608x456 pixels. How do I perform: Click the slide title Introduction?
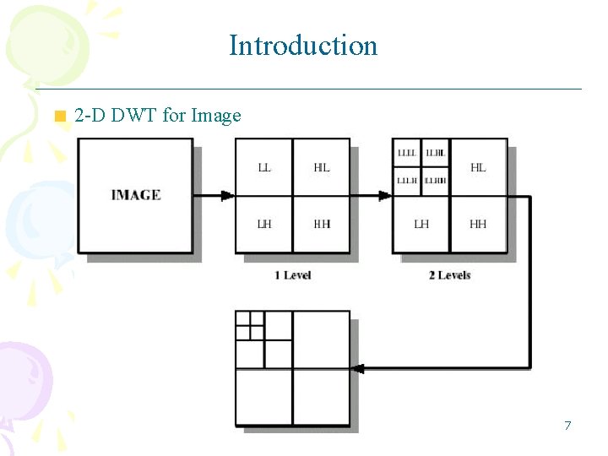coord(303,45)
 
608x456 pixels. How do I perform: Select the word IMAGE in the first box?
coord(135,195)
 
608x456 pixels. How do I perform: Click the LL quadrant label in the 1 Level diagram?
coord(264,168)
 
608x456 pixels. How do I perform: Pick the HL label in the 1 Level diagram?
coord(321,168)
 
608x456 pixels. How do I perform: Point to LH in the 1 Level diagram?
coord(264,224)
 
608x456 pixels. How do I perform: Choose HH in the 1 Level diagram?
coord(321,224)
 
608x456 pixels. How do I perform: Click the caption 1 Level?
coord(292,275)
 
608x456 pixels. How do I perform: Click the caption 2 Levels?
coord(449,275)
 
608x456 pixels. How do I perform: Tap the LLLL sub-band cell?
coord(407,154)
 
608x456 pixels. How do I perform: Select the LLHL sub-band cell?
coord(436,154)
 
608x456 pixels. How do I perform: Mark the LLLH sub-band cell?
coord(407,181)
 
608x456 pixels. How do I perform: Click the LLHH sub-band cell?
coord(436,181)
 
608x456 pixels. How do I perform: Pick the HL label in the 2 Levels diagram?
coord(478,168)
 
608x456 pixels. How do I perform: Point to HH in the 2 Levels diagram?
coord(478,224)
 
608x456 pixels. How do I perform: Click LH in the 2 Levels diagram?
coord(421,224)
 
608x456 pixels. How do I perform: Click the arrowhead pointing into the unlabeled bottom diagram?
coord(357,368)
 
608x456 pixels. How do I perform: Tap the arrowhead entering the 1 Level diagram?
coord(227,196)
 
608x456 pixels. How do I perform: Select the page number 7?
coord(567,426)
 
